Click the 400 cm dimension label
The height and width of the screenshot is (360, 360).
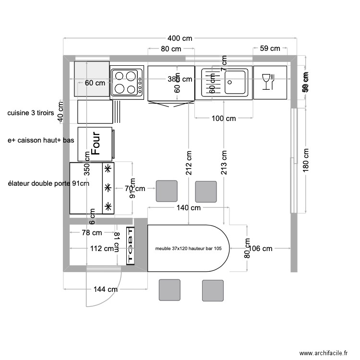[180, 38]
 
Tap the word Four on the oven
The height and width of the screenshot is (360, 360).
[95, 144]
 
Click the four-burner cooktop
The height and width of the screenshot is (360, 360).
[126, 82]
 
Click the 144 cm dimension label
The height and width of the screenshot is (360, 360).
[105, 289]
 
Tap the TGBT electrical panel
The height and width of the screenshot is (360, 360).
[130, 245]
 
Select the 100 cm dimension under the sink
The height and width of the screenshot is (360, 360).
[224, 118]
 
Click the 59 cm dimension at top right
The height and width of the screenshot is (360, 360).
[270, 48]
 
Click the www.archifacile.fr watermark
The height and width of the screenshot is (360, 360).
[324, 353]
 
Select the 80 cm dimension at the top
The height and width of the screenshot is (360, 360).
[170, 48]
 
